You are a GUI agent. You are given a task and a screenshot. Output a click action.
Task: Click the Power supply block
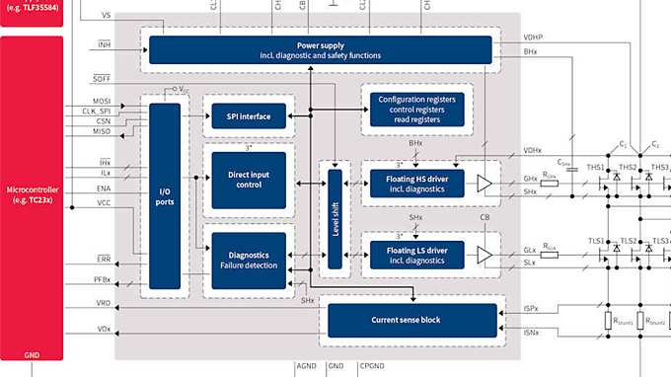click(321, 49)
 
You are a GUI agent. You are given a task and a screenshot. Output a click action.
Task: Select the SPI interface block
click(249, 116)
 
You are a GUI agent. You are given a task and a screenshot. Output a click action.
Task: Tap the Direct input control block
click(249, 180)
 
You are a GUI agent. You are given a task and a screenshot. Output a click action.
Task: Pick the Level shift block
click(335, 217)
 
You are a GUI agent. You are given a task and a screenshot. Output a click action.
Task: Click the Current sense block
click(411, 320)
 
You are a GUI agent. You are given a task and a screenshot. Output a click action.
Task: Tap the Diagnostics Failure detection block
click(249, 261)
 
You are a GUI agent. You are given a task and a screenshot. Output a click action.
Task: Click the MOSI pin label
click(104, 101)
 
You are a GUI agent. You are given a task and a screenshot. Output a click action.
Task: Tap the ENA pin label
click(104, 187)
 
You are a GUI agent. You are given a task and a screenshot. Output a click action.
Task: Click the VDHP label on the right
click(534, 37)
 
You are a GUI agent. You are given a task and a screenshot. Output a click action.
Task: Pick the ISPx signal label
click(531, 309)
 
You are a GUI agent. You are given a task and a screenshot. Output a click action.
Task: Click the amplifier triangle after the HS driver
click(484, 183)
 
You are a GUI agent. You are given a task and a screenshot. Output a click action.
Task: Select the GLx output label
click(530, 251)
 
